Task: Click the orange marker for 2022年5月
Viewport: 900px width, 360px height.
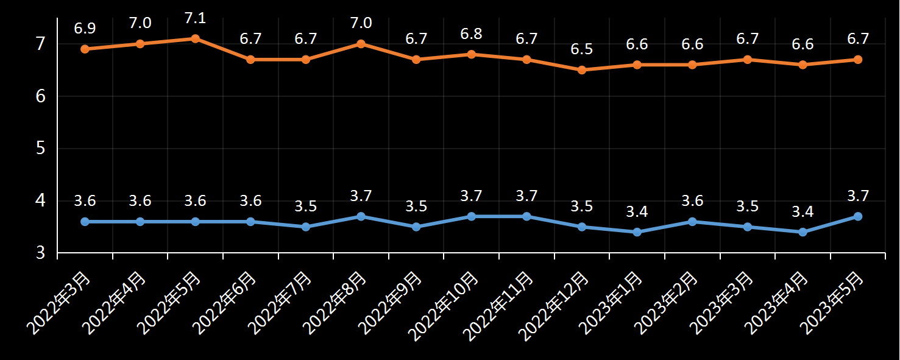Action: pyautogui.click(x=196, y=38)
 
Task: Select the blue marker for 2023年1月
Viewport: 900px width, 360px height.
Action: pyautogui.click(x=637, y=232)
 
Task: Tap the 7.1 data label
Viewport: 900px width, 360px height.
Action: pyautogui.click(x=196, y=18)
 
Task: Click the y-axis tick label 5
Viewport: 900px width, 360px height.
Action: pyautogui.click(x=41, y=148)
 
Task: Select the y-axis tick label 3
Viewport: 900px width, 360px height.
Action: pyautogui.click(x=41, y=252)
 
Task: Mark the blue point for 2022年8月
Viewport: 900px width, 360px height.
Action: pyautogui.click(x=361, y=216)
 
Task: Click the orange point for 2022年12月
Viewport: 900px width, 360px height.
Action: pyautogui.click(x=582, y=70)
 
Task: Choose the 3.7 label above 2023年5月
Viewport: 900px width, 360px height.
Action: pyautogui.click(x=857, y=196)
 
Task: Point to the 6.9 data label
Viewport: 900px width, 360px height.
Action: pyautogui.click(x=85, y=29)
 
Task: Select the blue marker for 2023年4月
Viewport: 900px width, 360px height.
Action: pyautogui.click(x=803, y=232)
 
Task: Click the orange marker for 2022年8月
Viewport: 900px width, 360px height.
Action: pyautogui.click(x=361, y=44)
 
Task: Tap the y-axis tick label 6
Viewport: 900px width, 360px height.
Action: pyautogui.click(x=41, y=96)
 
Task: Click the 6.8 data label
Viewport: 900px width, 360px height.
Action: pyautogui.click(x=471, y=34)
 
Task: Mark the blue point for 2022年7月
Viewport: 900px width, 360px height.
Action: pyautogui.click(x=306, y=227)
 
